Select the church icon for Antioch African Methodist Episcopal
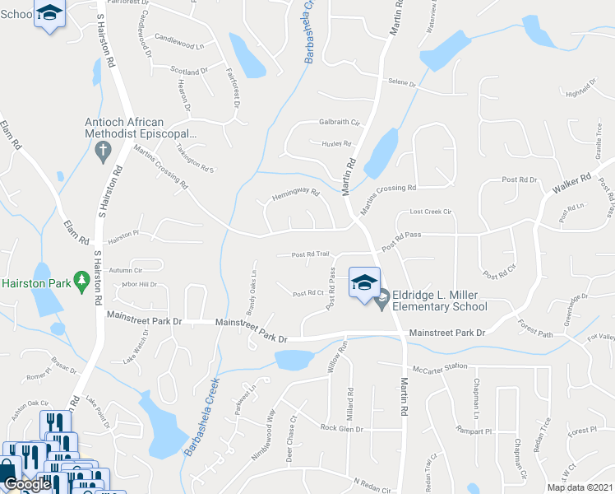point(103,151)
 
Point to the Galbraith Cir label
point(340,123)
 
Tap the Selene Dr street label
point(402,83)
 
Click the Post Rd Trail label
point(310,254)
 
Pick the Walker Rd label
point(571,184)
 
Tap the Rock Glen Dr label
point(341,429)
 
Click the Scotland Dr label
point(189,72)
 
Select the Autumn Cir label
point(126,269)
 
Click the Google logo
point(27,484)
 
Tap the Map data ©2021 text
point(580,487)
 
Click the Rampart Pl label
point(474,431)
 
